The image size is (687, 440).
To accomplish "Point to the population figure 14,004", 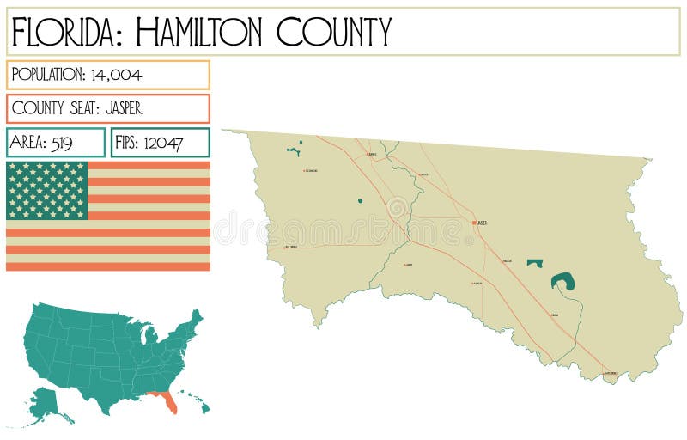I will coord(116,75).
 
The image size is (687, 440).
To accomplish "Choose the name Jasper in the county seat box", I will coord(124,108).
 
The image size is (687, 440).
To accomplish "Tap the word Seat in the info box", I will coord(82,108).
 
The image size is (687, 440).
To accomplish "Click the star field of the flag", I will coord(47,190).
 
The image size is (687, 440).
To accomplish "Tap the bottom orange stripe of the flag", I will coord(107,266).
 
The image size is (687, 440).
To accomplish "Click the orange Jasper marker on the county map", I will coord(473,223).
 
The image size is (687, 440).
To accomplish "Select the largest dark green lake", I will coord(563,280).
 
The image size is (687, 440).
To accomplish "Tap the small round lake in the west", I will coord(360,202).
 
